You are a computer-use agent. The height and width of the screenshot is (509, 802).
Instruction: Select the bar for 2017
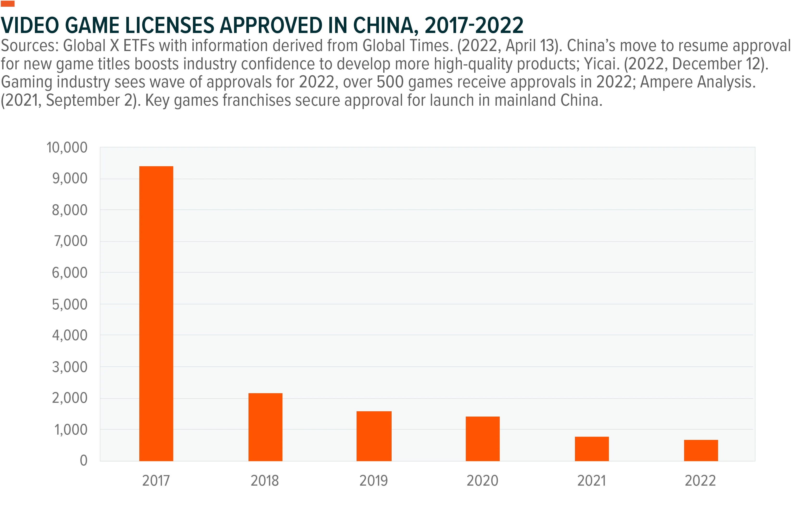click(156, 314)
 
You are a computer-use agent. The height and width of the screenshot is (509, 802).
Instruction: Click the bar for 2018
click(265, 427)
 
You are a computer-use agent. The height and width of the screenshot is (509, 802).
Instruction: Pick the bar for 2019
click(374, 436)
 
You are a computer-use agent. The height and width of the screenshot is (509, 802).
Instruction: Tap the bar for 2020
click(483, 439)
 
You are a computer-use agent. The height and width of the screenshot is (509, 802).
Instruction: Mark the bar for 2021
click(592, 449)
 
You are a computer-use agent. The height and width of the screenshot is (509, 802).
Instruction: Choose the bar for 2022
click(701, 451)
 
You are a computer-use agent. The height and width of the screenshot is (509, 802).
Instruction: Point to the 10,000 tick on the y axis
click(67, 147)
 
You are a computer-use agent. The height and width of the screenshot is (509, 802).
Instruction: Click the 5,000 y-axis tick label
click(70, 304)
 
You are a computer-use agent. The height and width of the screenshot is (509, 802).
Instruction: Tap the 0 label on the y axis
click(84, 461)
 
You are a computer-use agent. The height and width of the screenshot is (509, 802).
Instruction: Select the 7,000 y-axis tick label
click(70, 241)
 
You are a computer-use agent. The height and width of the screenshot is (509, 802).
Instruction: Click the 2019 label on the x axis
click(374, 481)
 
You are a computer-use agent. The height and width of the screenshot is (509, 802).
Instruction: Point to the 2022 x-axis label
click(700, 481)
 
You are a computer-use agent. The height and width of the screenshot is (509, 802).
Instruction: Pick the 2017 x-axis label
click(156, 481)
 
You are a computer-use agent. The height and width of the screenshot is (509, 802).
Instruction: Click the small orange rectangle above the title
click(8, 4)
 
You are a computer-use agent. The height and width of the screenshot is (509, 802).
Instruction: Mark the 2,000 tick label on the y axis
click(70, 398)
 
